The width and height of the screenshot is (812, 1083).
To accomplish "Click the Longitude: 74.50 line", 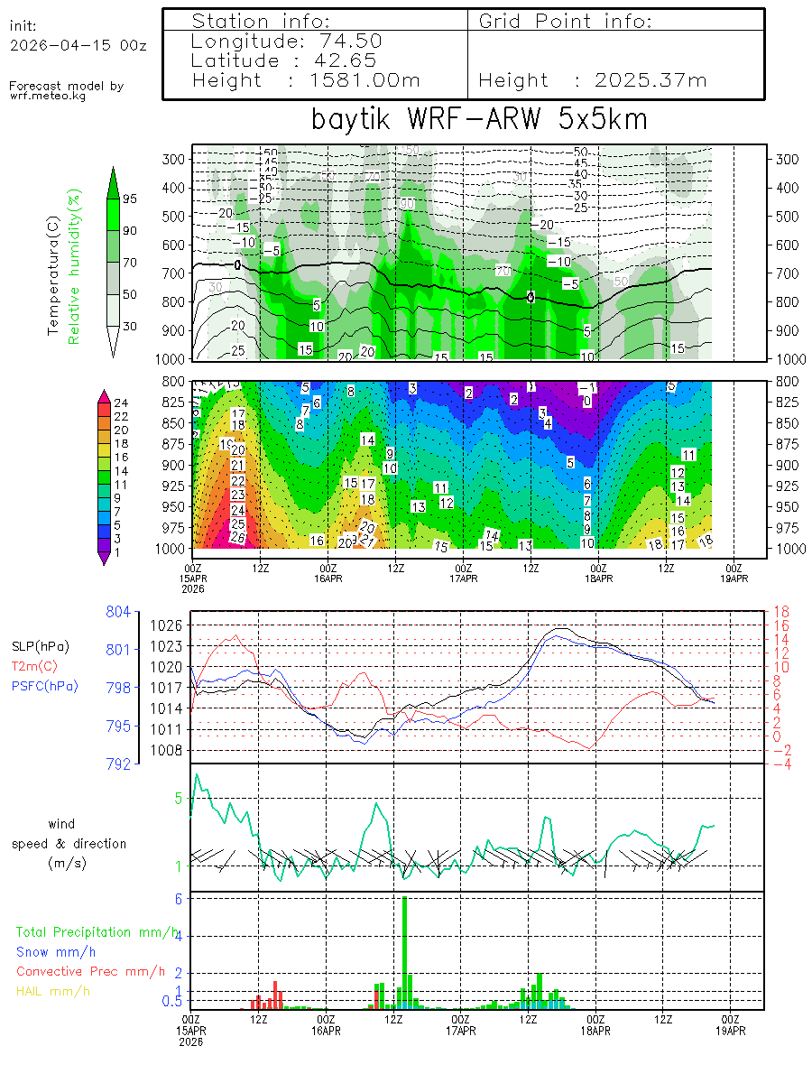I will click(287, 41).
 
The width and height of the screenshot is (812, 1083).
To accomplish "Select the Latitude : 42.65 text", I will click(285, 60).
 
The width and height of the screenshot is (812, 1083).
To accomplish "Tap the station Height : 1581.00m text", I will click(307, 80).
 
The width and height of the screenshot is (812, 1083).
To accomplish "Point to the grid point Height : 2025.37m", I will click(593, 80).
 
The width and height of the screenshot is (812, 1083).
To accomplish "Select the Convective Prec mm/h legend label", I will click(90, 972).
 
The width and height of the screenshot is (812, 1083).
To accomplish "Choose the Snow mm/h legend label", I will click(56, 951).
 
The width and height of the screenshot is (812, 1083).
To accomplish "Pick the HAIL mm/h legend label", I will click(52, 992).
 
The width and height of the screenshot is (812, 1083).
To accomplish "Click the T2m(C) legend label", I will click(33, 666).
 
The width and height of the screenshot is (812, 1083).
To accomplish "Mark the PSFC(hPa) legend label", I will click(45, 686).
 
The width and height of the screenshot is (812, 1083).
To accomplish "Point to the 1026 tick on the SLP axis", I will click(174, 625).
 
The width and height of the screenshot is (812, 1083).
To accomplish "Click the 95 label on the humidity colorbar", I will click(130, 199).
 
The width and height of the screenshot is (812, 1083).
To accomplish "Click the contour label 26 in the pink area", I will click(238, 537).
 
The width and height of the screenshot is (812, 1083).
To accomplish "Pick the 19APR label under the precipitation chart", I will click(732, 1031).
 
